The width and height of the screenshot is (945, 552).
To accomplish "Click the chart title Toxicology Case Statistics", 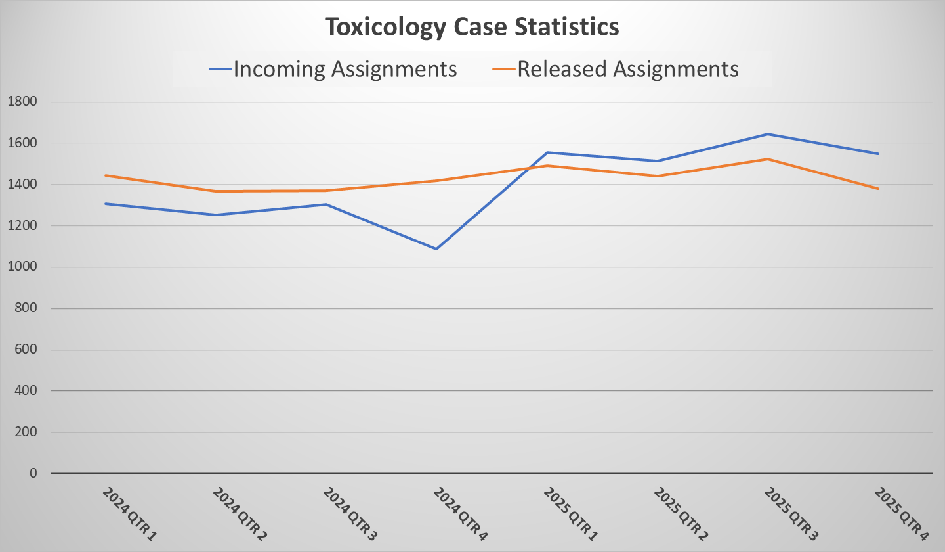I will click(472, 27).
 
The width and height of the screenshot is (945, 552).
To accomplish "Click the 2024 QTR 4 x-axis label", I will click(460, 515).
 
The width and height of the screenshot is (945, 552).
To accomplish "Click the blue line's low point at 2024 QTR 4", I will click(436, 249).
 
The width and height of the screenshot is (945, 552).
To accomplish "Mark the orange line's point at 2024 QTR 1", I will click(105, 175).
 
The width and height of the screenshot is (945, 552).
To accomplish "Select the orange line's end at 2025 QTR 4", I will click(878, 189).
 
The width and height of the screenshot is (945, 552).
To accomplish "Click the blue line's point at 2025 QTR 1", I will click(547, 152).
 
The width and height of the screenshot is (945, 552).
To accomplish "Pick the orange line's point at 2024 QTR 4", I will click(436, 181).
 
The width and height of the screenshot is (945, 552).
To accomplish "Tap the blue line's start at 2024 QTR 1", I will click(105, 204).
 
